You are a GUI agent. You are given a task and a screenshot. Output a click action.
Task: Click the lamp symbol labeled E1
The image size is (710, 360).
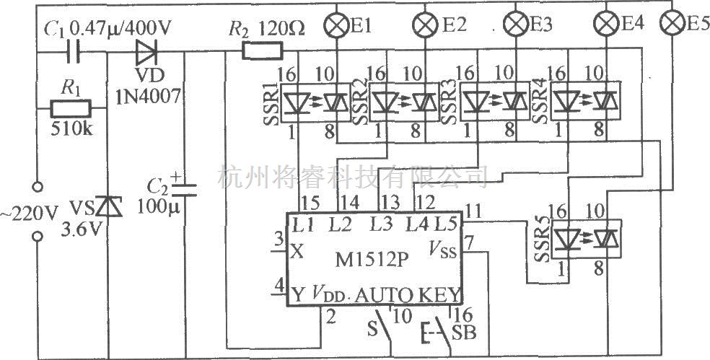point(336,25)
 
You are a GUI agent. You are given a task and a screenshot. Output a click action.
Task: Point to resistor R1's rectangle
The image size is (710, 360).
point(70,109)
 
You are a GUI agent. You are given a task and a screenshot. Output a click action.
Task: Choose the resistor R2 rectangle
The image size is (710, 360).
point(263,51)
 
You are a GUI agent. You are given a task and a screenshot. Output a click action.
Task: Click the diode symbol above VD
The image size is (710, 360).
point(146,52)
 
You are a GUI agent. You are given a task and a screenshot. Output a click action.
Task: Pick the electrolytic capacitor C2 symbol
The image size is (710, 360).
point(185,190)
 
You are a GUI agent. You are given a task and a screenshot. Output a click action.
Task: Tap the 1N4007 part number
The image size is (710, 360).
point(148,95)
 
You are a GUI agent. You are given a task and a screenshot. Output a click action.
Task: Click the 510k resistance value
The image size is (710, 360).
point(71,130)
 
